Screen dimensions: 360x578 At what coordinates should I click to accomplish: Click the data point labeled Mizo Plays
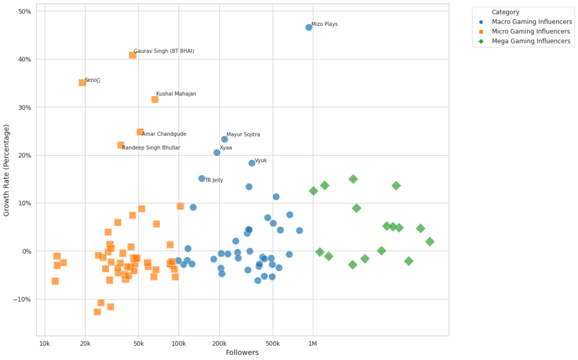coord(309,27)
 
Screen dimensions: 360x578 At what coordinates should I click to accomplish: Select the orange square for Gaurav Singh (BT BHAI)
coord(133,55)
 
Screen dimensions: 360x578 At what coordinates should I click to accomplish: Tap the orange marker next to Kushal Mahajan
coord(155,99)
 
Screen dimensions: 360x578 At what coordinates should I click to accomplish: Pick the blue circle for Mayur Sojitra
coord(224,139)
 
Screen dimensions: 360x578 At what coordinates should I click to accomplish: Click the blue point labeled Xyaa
coord(217,152)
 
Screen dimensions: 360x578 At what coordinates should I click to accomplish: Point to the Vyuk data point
coord(252,163)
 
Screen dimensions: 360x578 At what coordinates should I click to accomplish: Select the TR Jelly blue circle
coord(202,178)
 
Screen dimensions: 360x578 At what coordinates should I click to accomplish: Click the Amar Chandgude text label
coord(164,134)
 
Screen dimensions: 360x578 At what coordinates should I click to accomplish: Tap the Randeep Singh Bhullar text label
coord(151,148)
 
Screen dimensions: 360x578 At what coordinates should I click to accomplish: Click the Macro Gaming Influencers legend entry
coord(531,22)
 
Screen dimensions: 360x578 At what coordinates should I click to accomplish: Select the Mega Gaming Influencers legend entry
coord(531,41)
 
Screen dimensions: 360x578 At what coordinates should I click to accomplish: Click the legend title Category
coord(505,12)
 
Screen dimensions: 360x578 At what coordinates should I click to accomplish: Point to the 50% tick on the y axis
coord(25,11)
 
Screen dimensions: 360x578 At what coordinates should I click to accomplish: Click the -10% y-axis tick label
coord(23,299)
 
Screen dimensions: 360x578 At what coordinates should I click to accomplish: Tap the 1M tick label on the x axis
coord(313,344)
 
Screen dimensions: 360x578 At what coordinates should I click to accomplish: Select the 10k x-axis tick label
coord(45,344)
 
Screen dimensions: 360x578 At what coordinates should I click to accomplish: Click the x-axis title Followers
coord(242,353)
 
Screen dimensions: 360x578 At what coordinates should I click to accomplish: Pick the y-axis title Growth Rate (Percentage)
coord(7,170)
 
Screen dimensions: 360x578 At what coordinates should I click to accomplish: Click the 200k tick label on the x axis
coord(219,344)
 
